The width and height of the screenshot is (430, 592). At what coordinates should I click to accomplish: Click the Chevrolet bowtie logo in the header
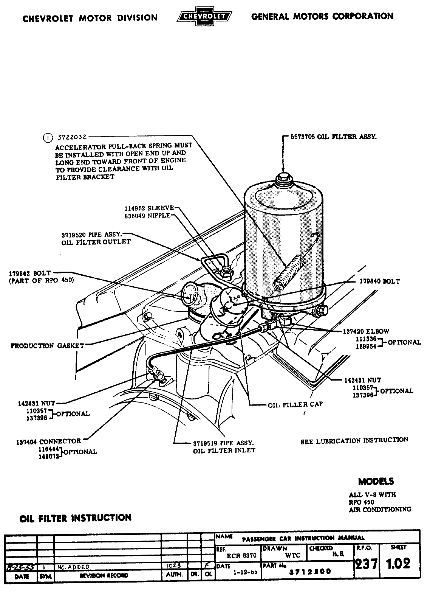(205, 17)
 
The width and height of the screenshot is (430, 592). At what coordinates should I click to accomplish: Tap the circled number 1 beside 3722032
(48, 138)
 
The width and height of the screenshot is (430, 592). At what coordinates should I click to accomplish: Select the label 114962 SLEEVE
(149, 208)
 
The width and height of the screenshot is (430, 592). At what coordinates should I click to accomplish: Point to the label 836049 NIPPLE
(147, 216)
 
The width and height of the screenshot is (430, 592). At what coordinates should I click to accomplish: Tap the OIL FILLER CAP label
(295, 404)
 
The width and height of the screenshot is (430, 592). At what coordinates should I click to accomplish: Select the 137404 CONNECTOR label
(49, 441)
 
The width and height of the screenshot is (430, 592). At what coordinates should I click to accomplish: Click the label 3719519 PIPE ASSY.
(223, 443)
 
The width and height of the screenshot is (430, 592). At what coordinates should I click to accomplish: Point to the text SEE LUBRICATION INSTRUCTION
(354, 441)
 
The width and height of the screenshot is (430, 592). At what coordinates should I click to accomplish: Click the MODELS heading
(376, 482)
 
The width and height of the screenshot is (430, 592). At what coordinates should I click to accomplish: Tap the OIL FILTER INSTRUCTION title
(76, 518)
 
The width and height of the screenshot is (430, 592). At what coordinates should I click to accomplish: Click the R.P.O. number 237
(366, 564)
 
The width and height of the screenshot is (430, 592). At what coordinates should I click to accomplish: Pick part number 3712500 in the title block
(310, 571)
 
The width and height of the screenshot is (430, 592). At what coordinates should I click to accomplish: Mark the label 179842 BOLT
(31, 273)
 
